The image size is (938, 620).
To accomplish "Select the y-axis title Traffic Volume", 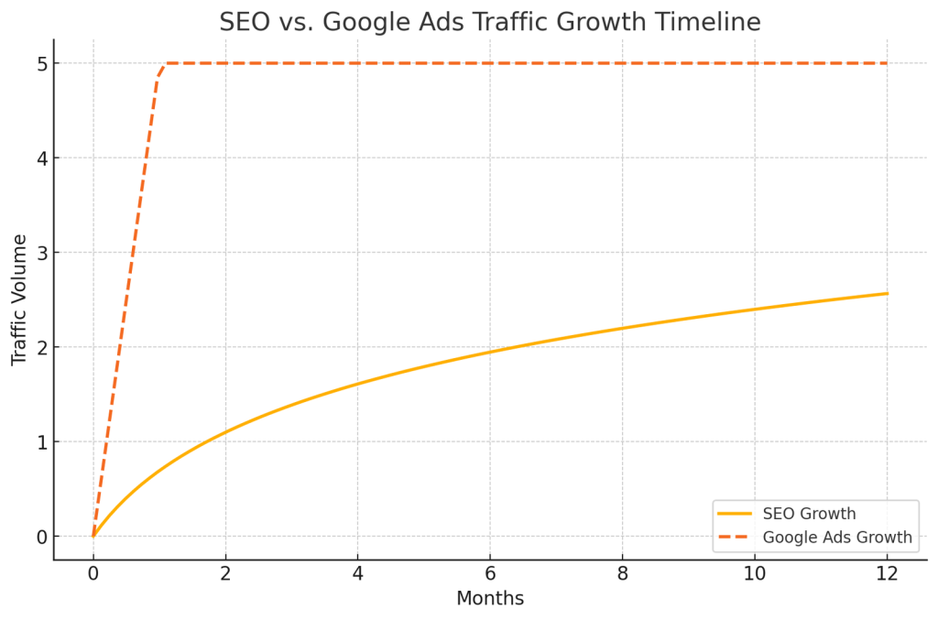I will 20,299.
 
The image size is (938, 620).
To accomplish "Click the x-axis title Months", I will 490,599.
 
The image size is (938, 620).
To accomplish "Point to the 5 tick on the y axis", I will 41,63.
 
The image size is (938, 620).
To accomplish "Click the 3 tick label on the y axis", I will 41,253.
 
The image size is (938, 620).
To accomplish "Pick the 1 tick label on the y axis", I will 41,442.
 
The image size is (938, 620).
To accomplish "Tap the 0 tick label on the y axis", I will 41,537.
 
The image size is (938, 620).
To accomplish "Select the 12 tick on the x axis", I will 887,574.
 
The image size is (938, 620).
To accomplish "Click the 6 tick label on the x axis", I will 490,574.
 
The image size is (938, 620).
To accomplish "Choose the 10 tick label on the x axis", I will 754,574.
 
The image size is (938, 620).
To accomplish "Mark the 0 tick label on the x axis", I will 93,574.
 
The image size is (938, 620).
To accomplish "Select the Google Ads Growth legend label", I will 837,538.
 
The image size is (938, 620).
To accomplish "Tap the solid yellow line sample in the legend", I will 736,514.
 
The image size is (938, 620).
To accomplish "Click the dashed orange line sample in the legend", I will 736,538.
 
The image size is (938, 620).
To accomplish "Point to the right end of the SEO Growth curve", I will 887,293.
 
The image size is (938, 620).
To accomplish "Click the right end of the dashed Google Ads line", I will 887,63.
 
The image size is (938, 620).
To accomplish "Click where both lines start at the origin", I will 93,537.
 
